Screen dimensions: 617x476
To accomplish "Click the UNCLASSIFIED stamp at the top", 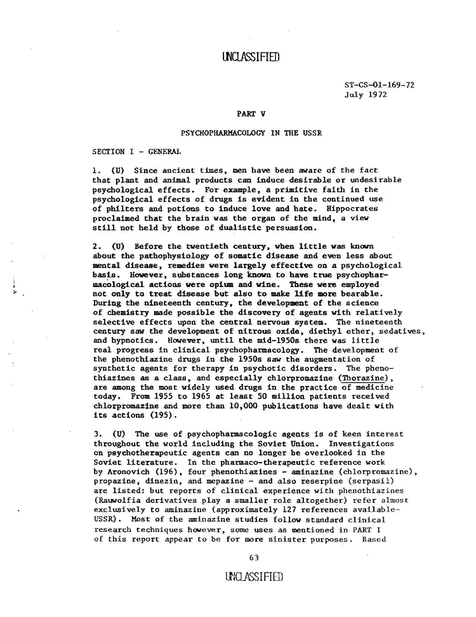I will pyautogui.click(x=251, y=57).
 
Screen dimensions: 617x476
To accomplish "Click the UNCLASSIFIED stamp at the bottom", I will pyautogui.click(x=253, y=576).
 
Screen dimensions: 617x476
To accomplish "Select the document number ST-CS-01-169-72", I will pyautogui.click(x=380, y=84).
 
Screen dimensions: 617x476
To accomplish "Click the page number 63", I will pyautogui.click(x=254, y=557).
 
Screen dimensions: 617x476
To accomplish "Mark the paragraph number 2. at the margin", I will pyautogui.click(x=96, y=245).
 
